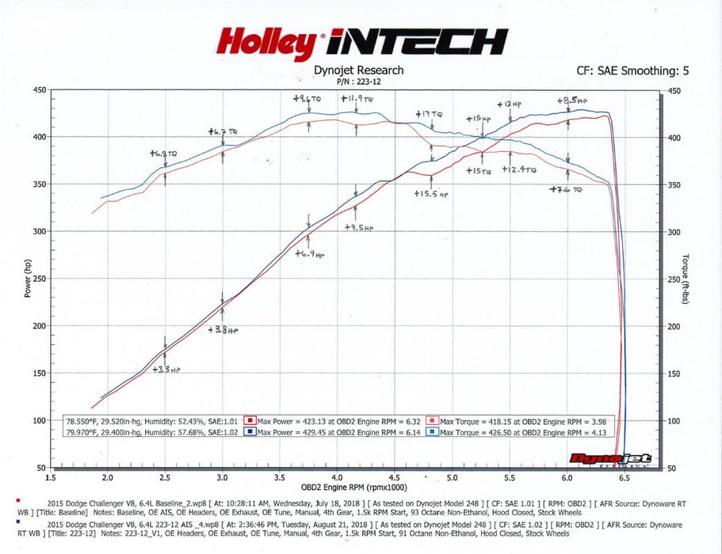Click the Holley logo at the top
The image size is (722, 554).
coord(265,44)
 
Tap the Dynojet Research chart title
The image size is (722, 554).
coord(358,70)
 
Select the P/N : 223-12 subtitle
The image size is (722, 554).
coord(358,81)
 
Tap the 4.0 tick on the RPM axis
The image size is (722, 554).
coord(337,478)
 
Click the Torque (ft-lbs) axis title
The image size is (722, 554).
coord(686,279)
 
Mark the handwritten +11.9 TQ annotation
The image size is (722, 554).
coord(357,100)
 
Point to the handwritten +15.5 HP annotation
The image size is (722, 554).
coord(430,193)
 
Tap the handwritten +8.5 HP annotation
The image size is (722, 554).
coord(573,101)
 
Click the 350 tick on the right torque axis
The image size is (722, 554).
coord(675,184)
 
